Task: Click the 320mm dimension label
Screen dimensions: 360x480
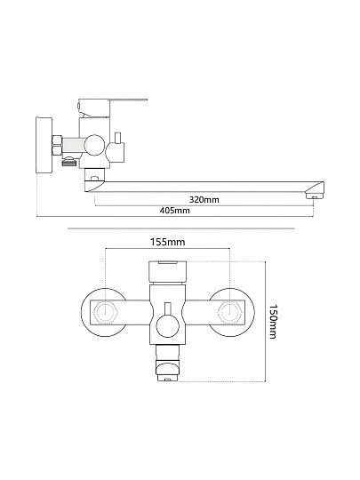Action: (204, 200)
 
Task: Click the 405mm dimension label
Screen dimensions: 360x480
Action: (174, 211)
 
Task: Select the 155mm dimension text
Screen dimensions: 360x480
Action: (167, 242)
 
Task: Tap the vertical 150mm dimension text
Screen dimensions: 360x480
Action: (273, 322)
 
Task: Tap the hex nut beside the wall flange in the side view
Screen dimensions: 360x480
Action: (57, 146)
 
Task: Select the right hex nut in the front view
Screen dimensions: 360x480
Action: (229, 312)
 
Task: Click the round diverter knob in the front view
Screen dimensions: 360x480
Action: (167, 326)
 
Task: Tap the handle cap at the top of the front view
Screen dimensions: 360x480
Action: (167, 273)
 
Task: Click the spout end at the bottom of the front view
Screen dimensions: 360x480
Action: (167, 371)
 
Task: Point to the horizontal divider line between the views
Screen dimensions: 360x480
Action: (181, 228)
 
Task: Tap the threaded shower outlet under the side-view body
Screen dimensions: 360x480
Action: (68, 161)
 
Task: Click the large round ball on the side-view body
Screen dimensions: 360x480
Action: (95, 145)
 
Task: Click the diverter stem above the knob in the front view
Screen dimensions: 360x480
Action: (167, 308)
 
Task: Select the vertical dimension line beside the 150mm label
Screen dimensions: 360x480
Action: (265, 322)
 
